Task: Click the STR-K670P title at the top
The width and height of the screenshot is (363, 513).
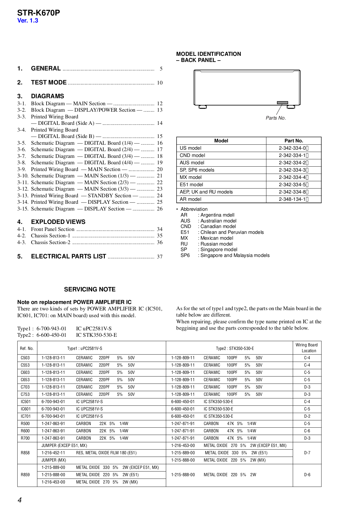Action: pyautogui.click(x=38, y=13)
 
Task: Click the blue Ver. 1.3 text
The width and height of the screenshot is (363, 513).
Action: pyautogui.click(x=28, y=20)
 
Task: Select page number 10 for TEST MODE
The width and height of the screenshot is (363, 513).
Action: pyautogui.click(x=160, y=83)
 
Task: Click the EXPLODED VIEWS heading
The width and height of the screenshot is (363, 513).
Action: pyautogui.click(x=58, y=222)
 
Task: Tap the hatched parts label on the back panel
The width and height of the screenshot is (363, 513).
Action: pyautogui.click(x=282, y=103)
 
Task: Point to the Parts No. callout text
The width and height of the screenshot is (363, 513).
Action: pyautogui.click(x=275, y=118)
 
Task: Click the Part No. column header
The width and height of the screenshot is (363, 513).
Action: pyautogui.click(x=294, y=141)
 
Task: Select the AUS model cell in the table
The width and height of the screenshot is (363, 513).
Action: pyautogui.click(x=192, y=163)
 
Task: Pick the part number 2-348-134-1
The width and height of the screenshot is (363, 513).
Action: pyautogui.click(x=293, y=199)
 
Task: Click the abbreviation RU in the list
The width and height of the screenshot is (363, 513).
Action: pyautogui.click(x=184, y=244)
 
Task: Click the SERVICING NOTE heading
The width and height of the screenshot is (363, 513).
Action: pyautogui.click(x=90, y=289)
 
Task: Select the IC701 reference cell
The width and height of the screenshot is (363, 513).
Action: pyautogui.click(x=25, y=416)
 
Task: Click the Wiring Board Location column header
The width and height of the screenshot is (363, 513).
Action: pyautogui.click(x=307, y=348)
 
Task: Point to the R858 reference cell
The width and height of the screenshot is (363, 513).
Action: pyautogui.click(x=25, y=453)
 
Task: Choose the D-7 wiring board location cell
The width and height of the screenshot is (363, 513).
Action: pyautogui.click(x=307, y=453)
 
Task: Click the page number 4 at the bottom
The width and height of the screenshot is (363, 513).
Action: pyautogui.click(x=20, y=500)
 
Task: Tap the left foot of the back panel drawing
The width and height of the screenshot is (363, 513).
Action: pyautogui.click(x=203, y=107)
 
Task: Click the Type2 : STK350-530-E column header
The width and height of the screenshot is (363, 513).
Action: pyautogui.click(x=235, y=348)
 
